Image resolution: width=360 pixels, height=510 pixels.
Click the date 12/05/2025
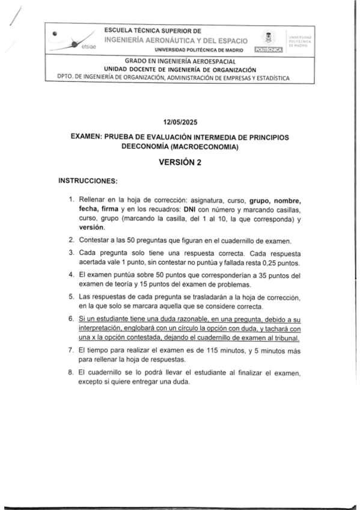coord(180,121)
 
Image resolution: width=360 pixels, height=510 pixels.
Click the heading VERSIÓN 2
coord(180,162)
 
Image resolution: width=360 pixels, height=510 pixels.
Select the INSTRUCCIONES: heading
coord(88,180)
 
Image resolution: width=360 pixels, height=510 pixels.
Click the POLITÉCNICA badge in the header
coord(269,49)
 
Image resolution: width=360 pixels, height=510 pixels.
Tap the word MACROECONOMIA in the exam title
coord(205,147)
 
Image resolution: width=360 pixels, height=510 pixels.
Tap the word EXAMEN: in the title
coord(91,138)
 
